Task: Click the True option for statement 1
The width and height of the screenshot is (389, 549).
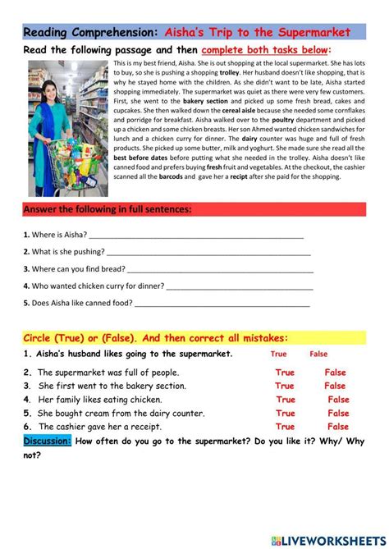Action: [x=279, y=355]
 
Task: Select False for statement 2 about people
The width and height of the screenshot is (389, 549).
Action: [x=335, y=373]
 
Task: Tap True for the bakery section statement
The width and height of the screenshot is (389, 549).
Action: [x=285, y=386]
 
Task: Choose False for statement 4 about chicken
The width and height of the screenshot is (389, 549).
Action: [x=338, y=400]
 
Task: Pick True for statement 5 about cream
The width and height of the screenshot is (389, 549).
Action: [x=285, y=414]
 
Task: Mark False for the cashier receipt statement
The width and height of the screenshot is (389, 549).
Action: [x=338, y=427]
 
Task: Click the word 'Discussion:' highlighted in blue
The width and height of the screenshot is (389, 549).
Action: [x=48, y=441]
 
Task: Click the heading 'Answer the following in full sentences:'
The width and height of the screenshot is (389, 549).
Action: [x=108, y=209]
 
